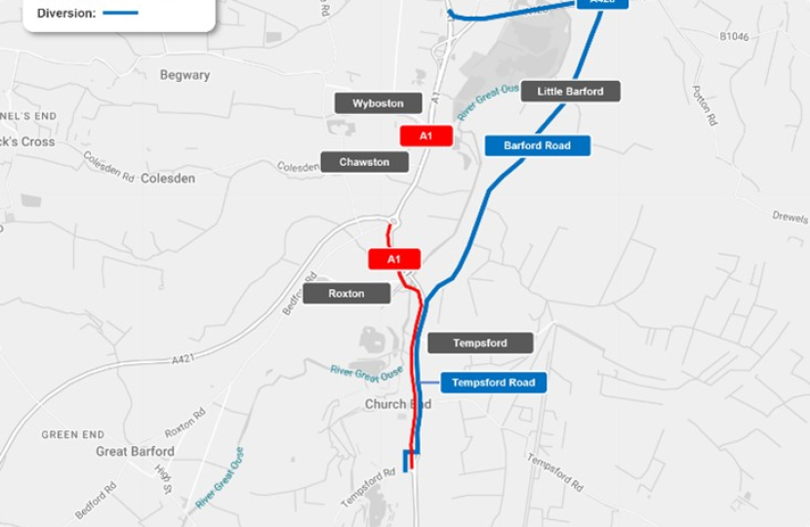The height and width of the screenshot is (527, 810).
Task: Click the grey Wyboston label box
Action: pyautogui.click(x=379, y=102)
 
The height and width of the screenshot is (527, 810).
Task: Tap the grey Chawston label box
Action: pyautogui.click(x=364, y=162)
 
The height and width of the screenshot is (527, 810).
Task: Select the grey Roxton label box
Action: pyautogui.click(x=345, y=293)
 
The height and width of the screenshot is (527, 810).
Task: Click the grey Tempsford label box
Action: pyautogui.click(x=479, y=343)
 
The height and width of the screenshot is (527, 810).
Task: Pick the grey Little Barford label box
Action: pyautogui.click(x=571, y=92)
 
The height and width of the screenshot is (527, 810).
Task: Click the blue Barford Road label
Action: pyautogui.click(x=537, y=145)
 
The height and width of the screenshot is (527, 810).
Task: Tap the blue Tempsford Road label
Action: pyautogui.click(x=493, y=383)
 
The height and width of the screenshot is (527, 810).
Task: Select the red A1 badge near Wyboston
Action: pyautogui.click(x=425, y=136)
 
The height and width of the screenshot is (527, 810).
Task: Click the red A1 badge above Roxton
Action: pyautogui.click(x=394, y=259)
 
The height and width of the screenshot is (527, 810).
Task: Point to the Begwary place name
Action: pyautogui.click(x=184, y=75)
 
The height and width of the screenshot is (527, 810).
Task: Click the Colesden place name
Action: pyautogui.click(x=168, y=179)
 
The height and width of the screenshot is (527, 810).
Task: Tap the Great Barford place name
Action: pyautogui.click(x=135, y=451)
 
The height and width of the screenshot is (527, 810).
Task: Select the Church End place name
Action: pyautogui.click(x=397, y=403)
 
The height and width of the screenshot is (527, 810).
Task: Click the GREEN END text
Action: pyautogui.click(x=72, y=434)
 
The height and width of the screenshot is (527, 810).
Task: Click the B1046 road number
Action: pyautogui.click(x=734, y=37)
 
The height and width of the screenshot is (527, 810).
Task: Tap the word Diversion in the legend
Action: pyautogui.click(x=65, y=14)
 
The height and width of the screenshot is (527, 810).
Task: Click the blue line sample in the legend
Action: pyautogui.click(x=120, y=14)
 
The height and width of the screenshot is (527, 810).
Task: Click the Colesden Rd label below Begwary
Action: pyautogui.click(x=107, y=165)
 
